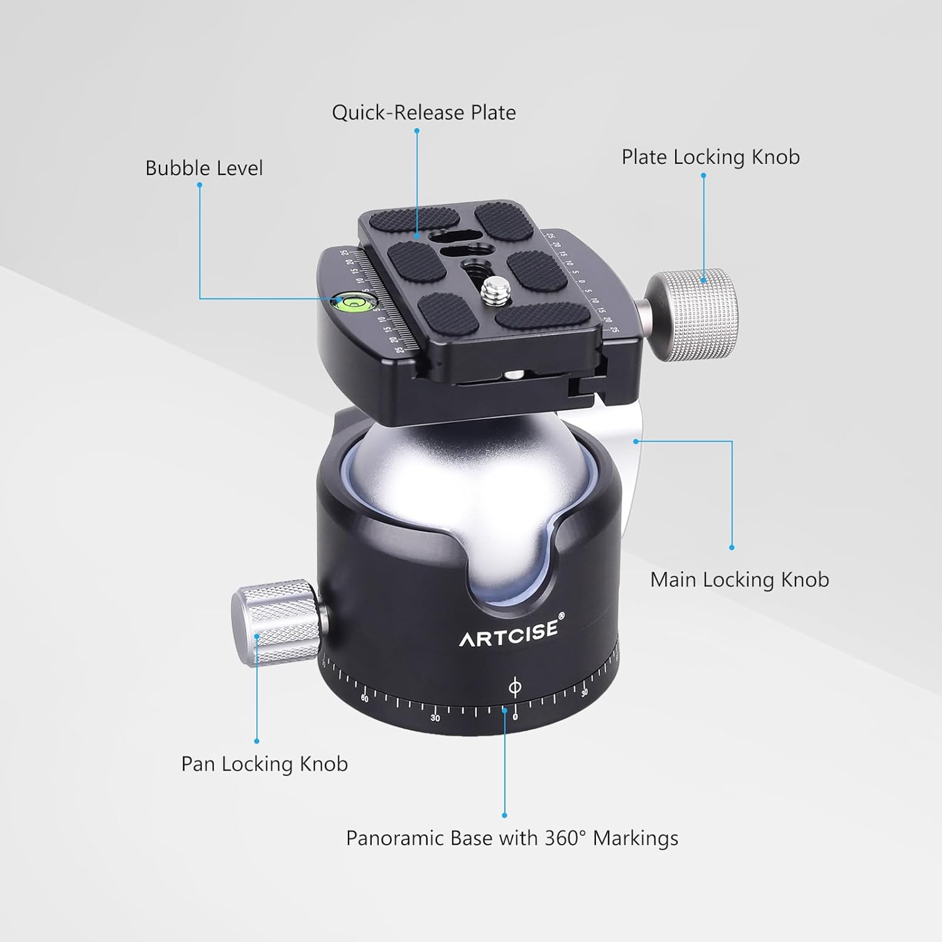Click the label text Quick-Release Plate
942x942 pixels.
tap(424, 113)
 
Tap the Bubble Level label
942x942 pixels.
tap(203, 168)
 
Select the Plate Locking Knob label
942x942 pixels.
tap(710, 157)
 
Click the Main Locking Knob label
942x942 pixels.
tap(739, 580)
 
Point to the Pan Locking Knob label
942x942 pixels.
tap(264, 764)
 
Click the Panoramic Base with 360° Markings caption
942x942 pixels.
tap(512, 838)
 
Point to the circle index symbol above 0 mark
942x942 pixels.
tap(514, 687)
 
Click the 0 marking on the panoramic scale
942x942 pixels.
tap(515, 717)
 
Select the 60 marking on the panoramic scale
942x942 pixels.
tap(365, 698)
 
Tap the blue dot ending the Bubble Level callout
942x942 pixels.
tap(200, 185)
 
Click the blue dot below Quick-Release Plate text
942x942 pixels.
tap(416, 131)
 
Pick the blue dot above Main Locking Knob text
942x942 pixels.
tap(732, 548)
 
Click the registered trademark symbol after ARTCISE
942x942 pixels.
tap(561, 616)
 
